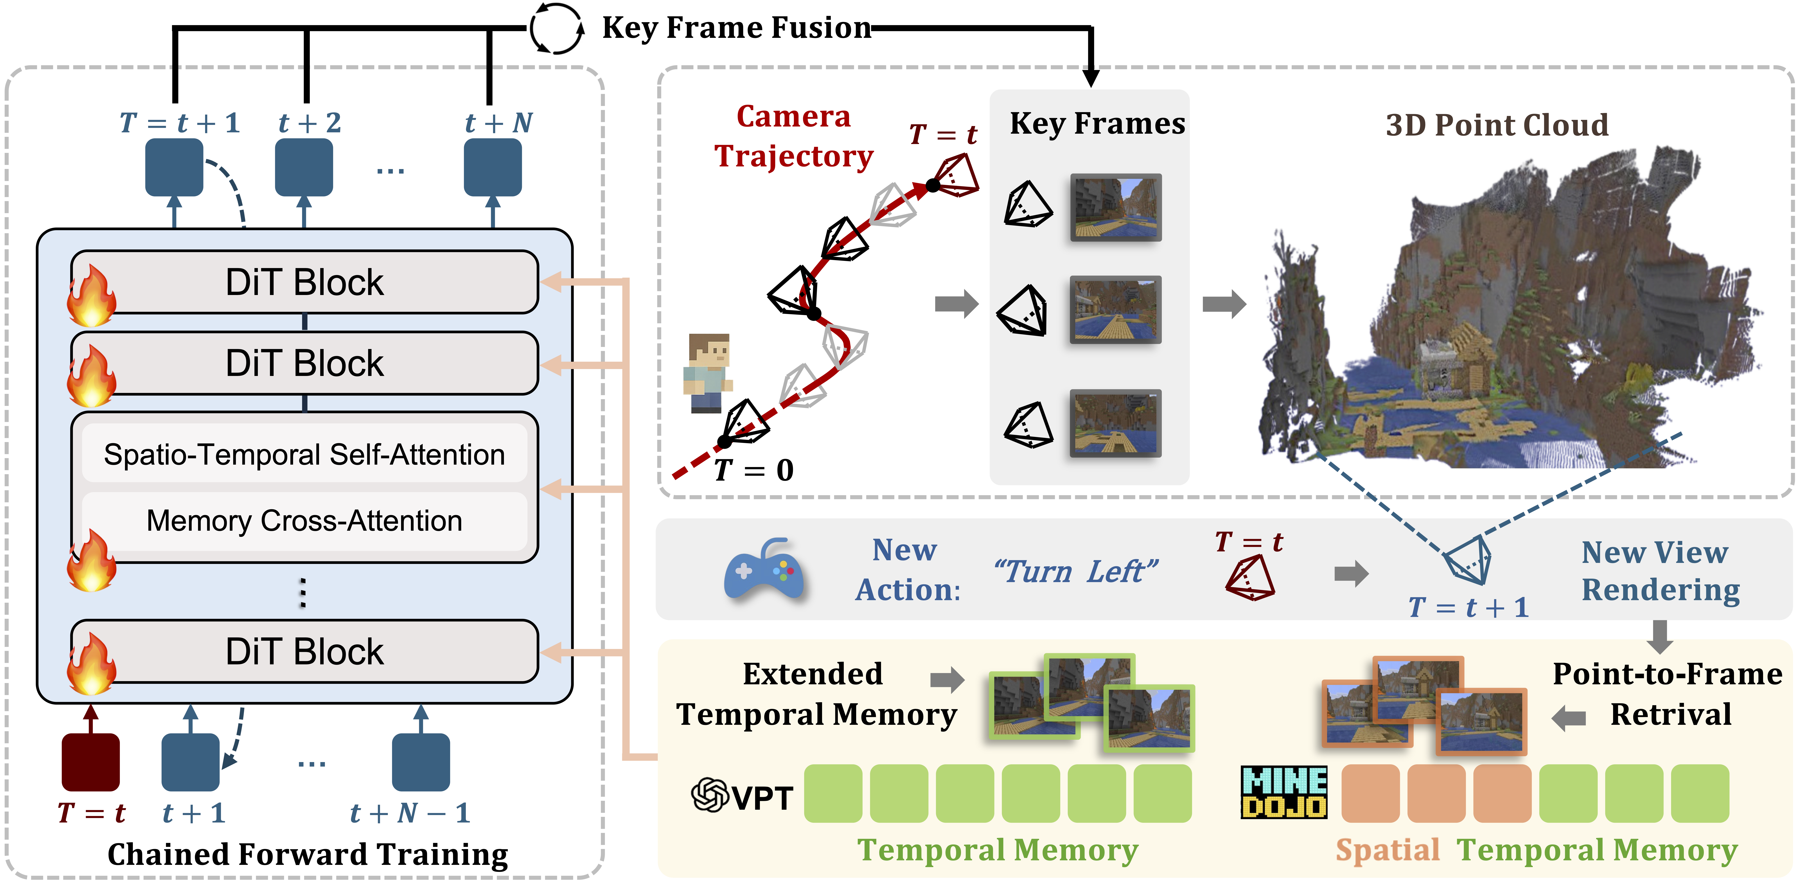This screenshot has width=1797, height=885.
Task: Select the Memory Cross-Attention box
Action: click(304, 521)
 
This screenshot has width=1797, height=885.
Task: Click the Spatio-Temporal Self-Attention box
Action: click(304, 454)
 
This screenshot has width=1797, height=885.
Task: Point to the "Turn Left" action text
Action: click(1075, 572)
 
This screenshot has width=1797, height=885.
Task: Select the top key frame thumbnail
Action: click(1116, 207)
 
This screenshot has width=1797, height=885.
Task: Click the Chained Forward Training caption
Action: click(308, 854)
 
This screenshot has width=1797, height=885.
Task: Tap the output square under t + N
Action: click(493, 168)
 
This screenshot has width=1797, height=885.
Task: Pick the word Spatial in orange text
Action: click(1387, 850)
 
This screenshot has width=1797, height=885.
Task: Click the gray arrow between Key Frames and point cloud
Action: click(1224, 304)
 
